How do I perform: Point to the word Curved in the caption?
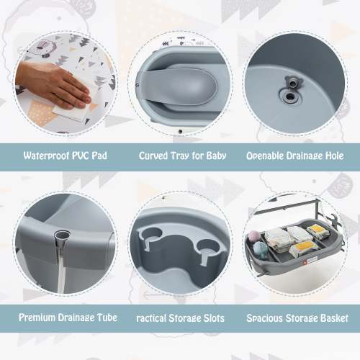coord(153,154)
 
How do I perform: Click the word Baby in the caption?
coord(212,154)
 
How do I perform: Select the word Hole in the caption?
coord(334,154)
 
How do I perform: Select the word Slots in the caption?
coord(210,318)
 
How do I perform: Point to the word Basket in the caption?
coord(333,318)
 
